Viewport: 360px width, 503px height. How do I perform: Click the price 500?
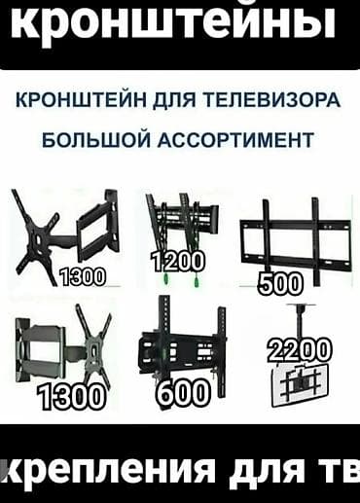coord(280,284)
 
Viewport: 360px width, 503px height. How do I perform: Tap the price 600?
coord(182,393)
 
